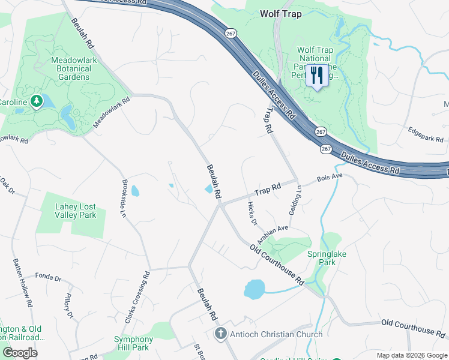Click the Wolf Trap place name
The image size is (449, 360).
point(281,13)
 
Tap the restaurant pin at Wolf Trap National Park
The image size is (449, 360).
point(317,76)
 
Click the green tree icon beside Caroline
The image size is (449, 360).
point(37,101)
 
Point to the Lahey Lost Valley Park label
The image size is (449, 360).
point(67,211)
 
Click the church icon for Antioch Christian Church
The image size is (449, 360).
point(221,334)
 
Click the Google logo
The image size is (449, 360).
point(20,353)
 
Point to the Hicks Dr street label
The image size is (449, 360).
point(252,214)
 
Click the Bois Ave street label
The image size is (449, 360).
point(329,178)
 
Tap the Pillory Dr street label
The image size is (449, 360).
point(68,305)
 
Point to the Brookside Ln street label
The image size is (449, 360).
point(124,197)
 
